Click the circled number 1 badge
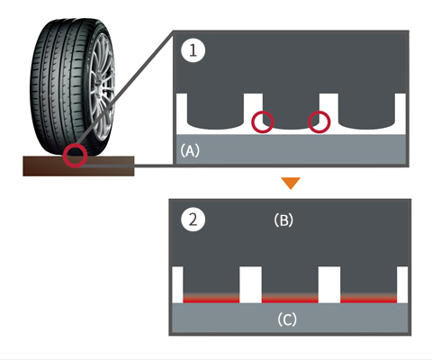[x=193, y=50]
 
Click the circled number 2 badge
[x=193, y=220]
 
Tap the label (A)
[x=190, y=150]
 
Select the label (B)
[x=283, y=220]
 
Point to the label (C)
[x=287, y=319]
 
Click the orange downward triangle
[x=291, y=183]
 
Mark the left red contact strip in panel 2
[x=211, y=299]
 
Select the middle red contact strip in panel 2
[x=290, y=299]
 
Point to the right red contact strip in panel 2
[x=368, y=299]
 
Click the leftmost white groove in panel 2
[x=177, y=284]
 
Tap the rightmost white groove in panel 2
[x=402, y=284]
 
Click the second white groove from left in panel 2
[x=250, y=284]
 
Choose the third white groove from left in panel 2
[x=329, y=284]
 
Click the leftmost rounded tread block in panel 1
[x=215, y=111]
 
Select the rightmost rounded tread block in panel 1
[x=366, y=111]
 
